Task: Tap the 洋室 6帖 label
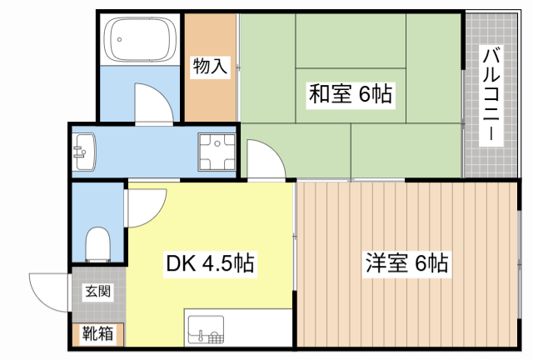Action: tap(406, 264)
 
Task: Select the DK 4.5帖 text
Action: tap(210, 265)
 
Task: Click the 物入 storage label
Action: tap(210, 67)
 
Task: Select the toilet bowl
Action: tap(98, 243)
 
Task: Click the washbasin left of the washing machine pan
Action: tap(84, 152)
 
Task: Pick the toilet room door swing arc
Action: tap(147, 205)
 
